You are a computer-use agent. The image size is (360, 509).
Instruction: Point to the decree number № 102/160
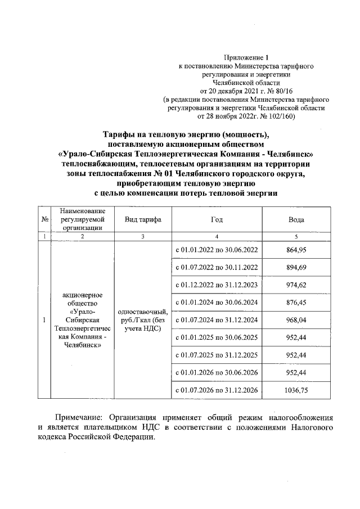[285, 116]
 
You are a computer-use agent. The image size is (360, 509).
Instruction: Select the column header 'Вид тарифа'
[143, 219]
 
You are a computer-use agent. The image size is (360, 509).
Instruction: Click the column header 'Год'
[217, 219]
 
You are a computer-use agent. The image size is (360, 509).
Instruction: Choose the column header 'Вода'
[296, 219]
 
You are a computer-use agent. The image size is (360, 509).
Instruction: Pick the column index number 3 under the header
[143, 237]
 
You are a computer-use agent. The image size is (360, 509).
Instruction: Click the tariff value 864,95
[296, 249]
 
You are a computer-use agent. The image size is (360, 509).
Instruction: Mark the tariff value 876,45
[296, 303]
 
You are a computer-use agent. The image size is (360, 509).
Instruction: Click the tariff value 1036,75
[296, 389]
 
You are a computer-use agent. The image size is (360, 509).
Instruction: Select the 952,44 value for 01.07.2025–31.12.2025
[296, 355]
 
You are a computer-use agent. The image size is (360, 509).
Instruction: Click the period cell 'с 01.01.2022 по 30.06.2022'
[217, 249]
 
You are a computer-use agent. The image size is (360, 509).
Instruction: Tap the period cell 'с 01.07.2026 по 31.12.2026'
[217, 389]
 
